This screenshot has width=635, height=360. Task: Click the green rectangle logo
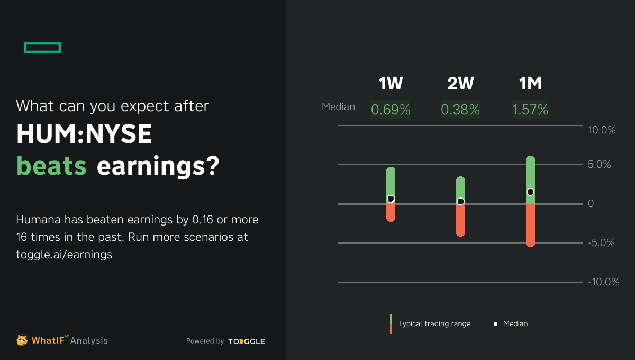(x=42, y=48)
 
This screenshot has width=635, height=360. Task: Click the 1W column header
(x=391, y=84)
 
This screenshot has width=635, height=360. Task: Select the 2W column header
(x=460, y=84)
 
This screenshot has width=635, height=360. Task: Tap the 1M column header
(x=530, y=84)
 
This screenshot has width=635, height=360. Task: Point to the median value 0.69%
(x=391, y=110)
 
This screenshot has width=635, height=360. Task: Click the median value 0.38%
(x=460, y=110)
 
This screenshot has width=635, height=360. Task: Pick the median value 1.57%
(x=530, y=110)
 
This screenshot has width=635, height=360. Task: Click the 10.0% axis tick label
(x=602, y=130)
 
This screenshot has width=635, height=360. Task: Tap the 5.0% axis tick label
(x=600, y=165)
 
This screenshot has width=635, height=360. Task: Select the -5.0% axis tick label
(x=602, y=243)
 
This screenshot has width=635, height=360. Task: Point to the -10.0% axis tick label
(x=604, y=282)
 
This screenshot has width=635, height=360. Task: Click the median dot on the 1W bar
(x=391, y=199)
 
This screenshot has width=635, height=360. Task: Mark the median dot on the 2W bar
(x=460, y=201)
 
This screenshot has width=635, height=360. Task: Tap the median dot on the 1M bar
(x=530, y=192)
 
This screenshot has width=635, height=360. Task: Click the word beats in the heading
(x=51, y=166)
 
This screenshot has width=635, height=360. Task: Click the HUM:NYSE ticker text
(x=84, y=136)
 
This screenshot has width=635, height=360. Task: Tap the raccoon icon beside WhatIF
(x=22, y=340)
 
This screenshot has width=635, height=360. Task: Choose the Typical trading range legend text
(x=434, y=323)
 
